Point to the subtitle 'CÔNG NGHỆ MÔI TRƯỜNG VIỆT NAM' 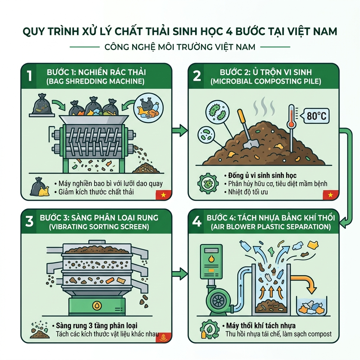(x=180, y=47)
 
